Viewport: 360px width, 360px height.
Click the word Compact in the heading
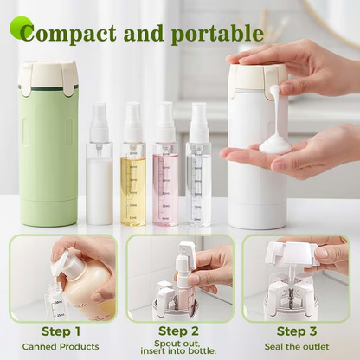coord(74,34)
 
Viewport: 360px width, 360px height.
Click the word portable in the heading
coord(216,34)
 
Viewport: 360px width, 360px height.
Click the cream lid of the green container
coord(48,76)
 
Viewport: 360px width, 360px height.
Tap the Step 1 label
coord(61,331)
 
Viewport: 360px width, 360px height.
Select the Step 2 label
coord(179,331)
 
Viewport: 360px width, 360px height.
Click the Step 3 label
coord(297,331)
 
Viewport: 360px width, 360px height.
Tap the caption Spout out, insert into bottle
coord(179,348)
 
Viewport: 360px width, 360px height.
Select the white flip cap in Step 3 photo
coord(291,254)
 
